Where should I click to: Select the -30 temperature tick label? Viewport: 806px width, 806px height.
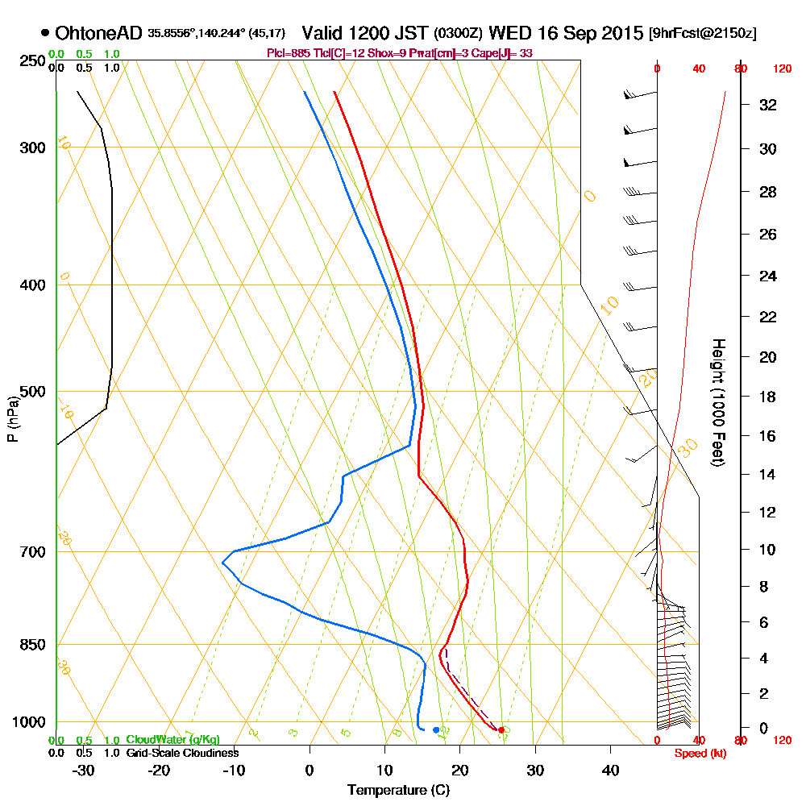83,771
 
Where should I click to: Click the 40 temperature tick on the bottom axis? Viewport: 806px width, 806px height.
610,771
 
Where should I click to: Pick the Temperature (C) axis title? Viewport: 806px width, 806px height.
398,791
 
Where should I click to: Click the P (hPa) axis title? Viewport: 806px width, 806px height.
12,418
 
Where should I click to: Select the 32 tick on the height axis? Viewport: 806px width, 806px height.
768,105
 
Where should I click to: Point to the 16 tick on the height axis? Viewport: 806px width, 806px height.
768,436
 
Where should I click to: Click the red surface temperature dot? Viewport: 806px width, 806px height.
501,730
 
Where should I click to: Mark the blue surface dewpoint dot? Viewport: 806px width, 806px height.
436,730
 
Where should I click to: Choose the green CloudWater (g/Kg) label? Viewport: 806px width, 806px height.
172,740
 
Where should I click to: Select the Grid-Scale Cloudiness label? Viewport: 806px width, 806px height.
181,753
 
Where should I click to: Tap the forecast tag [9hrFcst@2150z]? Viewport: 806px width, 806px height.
702,35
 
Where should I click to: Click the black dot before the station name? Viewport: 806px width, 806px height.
44,34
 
